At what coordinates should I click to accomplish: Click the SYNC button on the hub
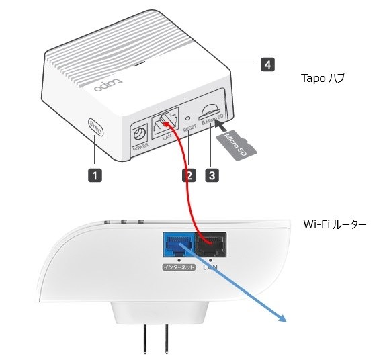click(95, 128)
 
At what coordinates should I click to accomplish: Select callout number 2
click(189, 175)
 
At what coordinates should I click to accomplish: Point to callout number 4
click(267, 64)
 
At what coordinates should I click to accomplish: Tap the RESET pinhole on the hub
click(189, 120)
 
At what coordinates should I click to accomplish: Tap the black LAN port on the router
click(210, 244)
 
